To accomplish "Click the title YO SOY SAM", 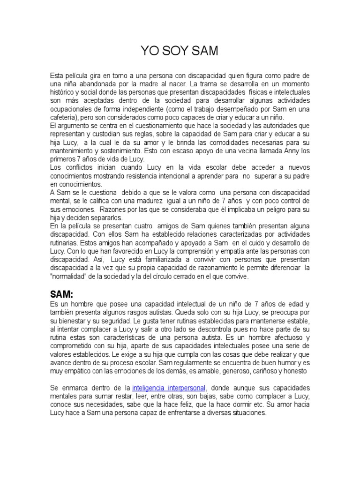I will [180, 51].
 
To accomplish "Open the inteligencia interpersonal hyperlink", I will [168, 388].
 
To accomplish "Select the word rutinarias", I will [64, 243].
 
